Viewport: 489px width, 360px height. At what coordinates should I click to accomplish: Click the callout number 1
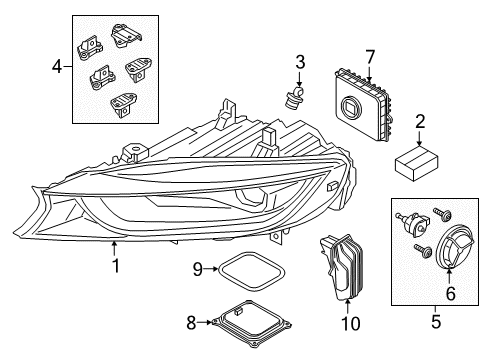115,266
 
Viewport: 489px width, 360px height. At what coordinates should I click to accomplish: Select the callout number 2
420,122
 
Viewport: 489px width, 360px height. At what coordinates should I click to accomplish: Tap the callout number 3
300,62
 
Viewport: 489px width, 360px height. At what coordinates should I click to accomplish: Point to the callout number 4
57,67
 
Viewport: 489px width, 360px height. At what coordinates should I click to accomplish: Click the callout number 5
436,321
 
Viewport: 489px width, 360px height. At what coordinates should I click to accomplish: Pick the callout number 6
451,293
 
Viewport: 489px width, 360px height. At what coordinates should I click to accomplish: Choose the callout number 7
370,57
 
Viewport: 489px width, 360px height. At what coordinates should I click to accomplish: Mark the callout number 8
191,323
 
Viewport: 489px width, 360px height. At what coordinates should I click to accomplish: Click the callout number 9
198,269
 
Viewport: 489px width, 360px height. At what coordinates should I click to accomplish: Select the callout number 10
351,323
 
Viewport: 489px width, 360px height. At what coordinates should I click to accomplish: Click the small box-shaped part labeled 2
417,164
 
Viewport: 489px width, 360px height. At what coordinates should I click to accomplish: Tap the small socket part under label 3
293,97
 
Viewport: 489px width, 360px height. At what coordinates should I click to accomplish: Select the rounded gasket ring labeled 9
251,271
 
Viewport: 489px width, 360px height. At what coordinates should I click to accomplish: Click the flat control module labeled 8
251,323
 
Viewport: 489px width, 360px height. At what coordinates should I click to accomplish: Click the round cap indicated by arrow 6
455,246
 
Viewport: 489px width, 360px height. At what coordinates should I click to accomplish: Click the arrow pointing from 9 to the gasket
211,269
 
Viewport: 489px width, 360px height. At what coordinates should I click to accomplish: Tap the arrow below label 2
419,138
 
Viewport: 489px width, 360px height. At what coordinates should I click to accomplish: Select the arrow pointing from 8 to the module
204,322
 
